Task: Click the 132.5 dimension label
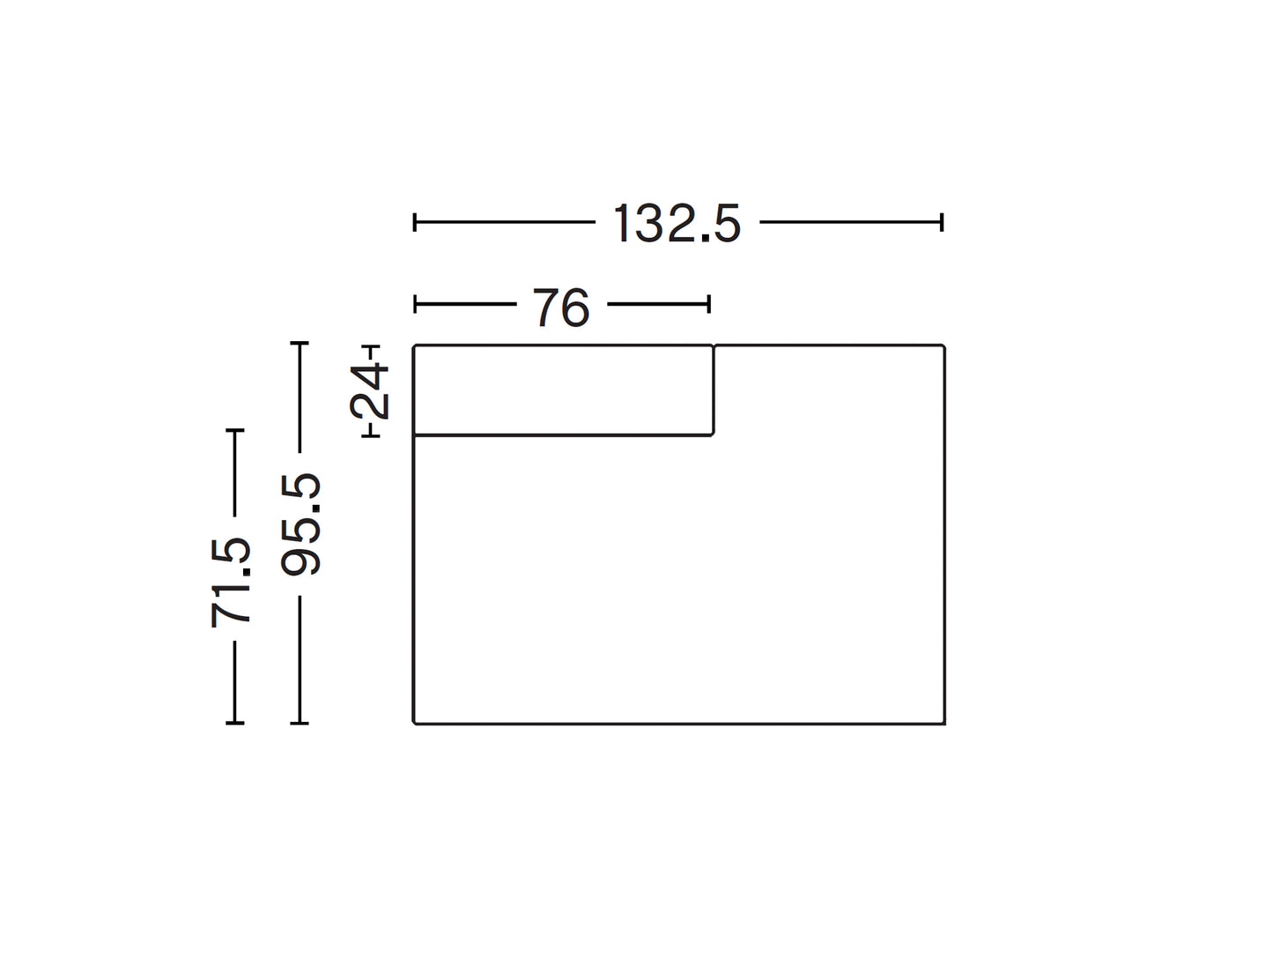click(677, 223)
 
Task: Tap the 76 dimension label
click(561, 308)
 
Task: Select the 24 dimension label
click(369, 390)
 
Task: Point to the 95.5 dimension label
click(300, 524)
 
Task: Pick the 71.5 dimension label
click(230, 583)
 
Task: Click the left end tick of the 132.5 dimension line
click(414, 222)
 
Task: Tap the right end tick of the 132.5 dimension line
click(942, 222)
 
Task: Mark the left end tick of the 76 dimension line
click(415, 304)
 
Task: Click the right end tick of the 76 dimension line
click(708, 304)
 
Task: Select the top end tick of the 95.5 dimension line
click(300, 344)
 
